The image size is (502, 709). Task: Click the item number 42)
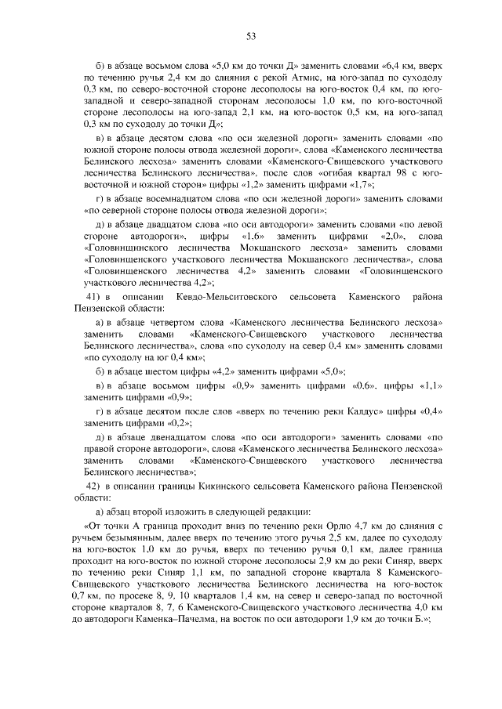(96, 486)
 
